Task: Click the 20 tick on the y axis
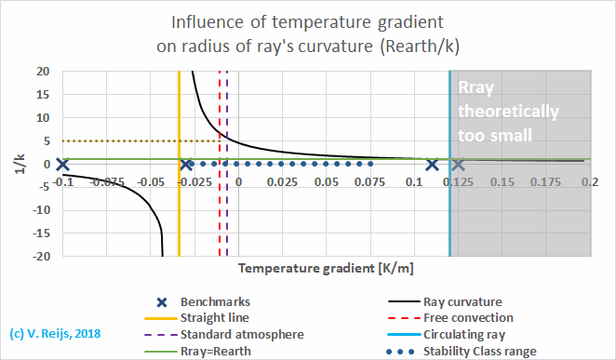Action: coord(43,71)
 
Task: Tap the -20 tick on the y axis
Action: coord(41,257)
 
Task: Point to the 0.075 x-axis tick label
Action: coord(369,182)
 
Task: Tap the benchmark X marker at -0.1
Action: coord(62,165)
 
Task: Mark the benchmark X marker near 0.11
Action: coord(433,165)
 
